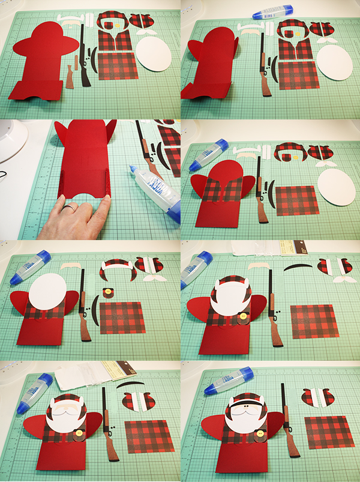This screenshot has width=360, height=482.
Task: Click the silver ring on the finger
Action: click(70, 208)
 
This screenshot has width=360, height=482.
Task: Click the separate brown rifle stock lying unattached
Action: click(72, 76)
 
